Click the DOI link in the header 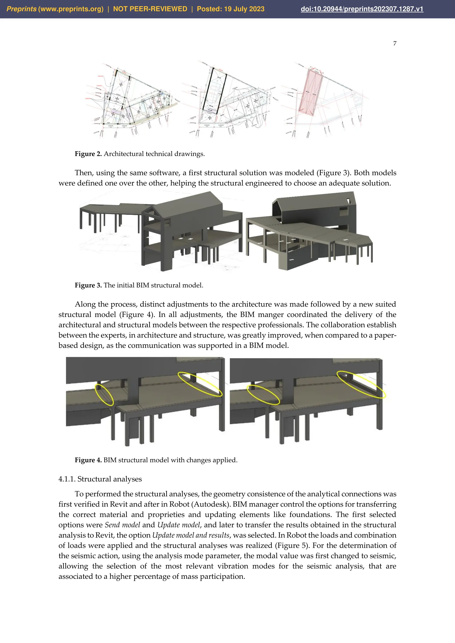pyautogui.click(x=362, y=9)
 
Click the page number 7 pyautogui.click(x=395, y=44)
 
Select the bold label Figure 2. pyautogui.click(x=88, y=154)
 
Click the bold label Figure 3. pyautogui.click(x=88, y=285)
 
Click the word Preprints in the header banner pyautogui.click(x=21, y=9)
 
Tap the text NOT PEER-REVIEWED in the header pyautogui.click(x=150, y=9)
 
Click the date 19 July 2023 pyautogui.click(x=244, y=9)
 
